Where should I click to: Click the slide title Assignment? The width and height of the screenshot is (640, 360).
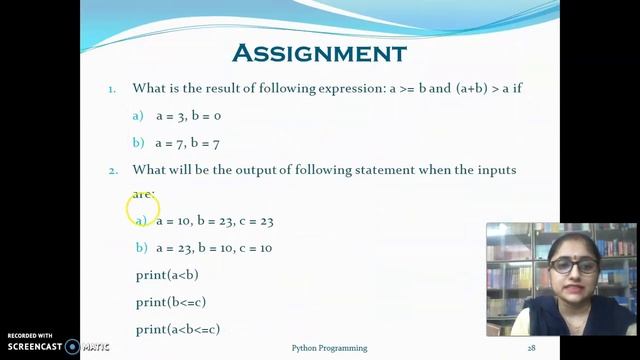pyautogui.click(x=319, y=52)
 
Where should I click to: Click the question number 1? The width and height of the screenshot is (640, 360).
pyautogui.click(x=112, y=88)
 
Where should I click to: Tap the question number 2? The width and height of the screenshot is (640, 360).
pyautogui.click(x=113, y=170)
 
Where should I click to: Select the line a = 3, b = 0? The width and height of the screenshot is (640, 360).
pyautogui.click(x=188, y=116)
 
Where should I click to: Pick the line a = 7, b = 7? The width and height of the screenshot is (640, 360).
pyautogui.click(x=188, y=143)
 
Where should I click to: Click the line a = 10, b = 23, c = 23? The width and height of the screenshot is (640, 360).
pyautogui.click(x=214, y=220)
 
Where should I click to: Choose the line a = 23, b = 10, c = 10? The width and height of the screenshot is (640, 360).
pyautogui.click(x=214, y=247)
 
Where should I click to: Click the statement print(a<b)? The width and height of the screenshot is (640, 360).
pyautogui.click(x=167, y=274)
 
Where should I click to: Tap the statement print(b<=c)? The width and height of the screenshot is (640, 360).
pyautogui.click(x=171, y=301)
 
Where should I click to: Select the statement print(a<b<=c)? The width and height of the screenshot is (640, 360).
pyautogui.click(x=178, y=328)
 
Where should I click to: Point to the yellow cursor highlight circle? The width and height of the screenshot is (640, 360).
pyautogui.click(x=143, y=210)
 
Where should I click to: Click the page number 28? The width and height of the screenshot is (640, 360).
pyautogui.click(x=532, y=348)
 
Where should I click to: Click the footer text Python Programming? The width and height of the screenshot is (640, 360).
pyautogui.click(x=329, y=348)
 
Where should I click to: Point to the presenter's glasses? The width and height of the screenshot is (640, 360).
pyautogui.click(x=573, y=266)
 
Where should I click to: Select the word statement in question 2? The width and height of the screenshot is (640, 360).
pyautogui.click(x=378, y=170)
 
